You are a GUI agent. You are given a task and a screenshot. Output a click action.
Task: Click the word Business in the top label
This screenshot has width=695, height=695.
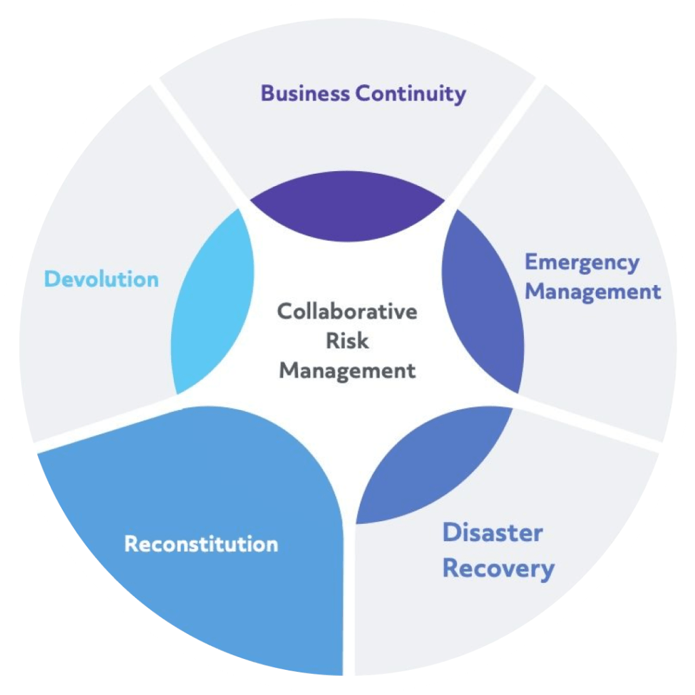305,93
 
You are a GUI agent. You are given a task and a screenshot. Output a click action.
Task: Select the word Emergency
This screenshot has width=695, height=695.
582,263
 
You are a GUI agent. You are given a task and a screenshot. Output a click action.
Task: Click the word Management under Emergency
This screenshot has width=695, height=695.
593,292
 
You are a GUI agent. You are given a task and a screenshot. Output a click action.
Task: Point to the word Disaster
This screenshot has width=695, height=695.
492,533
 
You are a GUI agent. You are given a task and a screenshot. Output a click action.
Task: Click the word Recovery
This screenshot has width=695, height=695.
498,568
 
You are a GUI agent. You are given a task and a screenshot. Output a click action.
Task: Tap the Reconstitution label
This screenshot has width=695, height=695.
201,544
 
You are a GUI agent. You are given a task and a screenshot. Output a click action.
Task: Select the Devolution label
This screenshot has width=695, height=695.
101,279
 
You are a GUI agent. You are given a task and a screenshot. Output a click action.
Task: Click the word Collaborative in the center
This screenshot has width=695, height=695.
347,312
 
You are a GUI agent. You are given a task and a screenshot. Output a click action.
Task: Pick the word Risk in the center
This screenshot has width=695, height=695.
347,341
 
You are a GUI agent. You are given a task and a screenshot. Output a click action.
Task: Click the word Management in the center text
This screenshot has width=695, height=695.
347,371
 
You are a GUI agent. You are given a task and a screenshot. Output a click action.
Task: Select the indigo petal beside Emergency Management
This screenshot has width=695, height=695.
485,302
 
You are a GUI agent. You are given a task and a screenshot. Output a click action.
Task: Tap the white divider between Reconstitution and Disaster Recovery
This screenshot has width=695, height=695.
349,597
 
